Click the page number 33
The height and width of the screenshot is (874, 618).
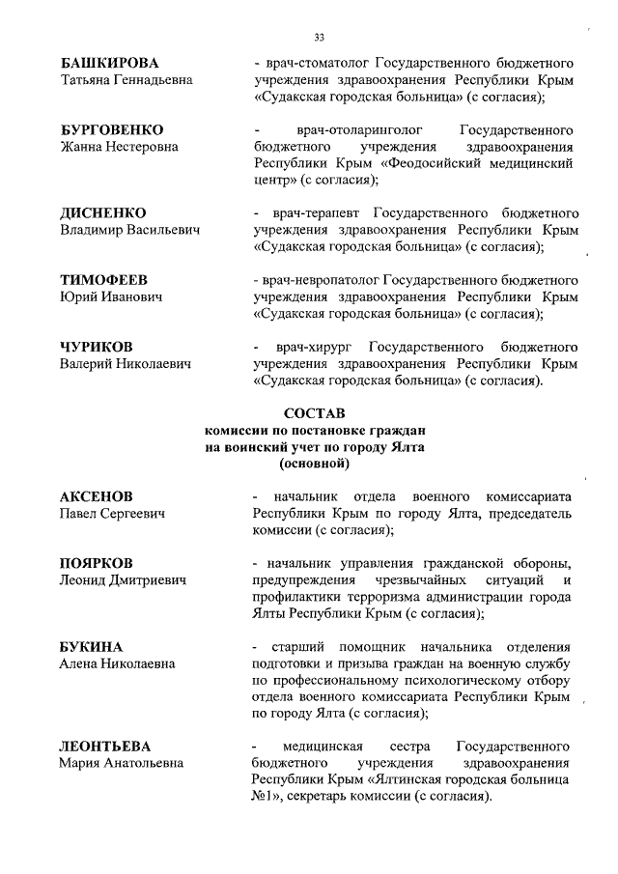click(320, 38)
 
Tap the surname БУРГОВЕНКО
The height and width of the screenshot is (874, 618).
click(111, 129)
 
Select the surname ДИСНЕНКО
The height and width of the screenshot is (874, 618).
click(103, 212)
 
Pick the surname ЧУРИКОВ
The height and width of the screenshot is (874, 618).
click(97, 346)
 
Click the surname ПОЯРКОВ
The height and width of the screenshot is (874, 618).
click(98, 563)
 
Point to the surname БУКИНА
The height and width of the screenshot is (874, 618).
click(92, 646)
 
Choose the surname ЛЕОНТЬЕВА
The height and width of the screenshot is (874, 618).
click(105, 747)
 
